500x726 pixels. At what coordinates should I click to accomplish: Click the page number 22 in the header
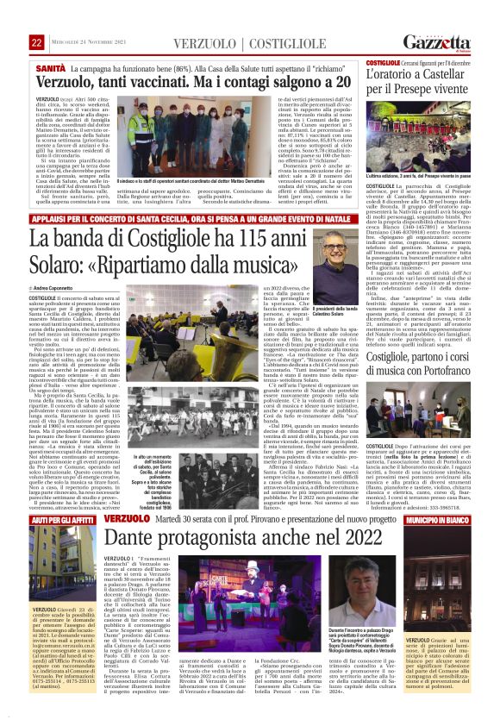click(36, 42)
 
